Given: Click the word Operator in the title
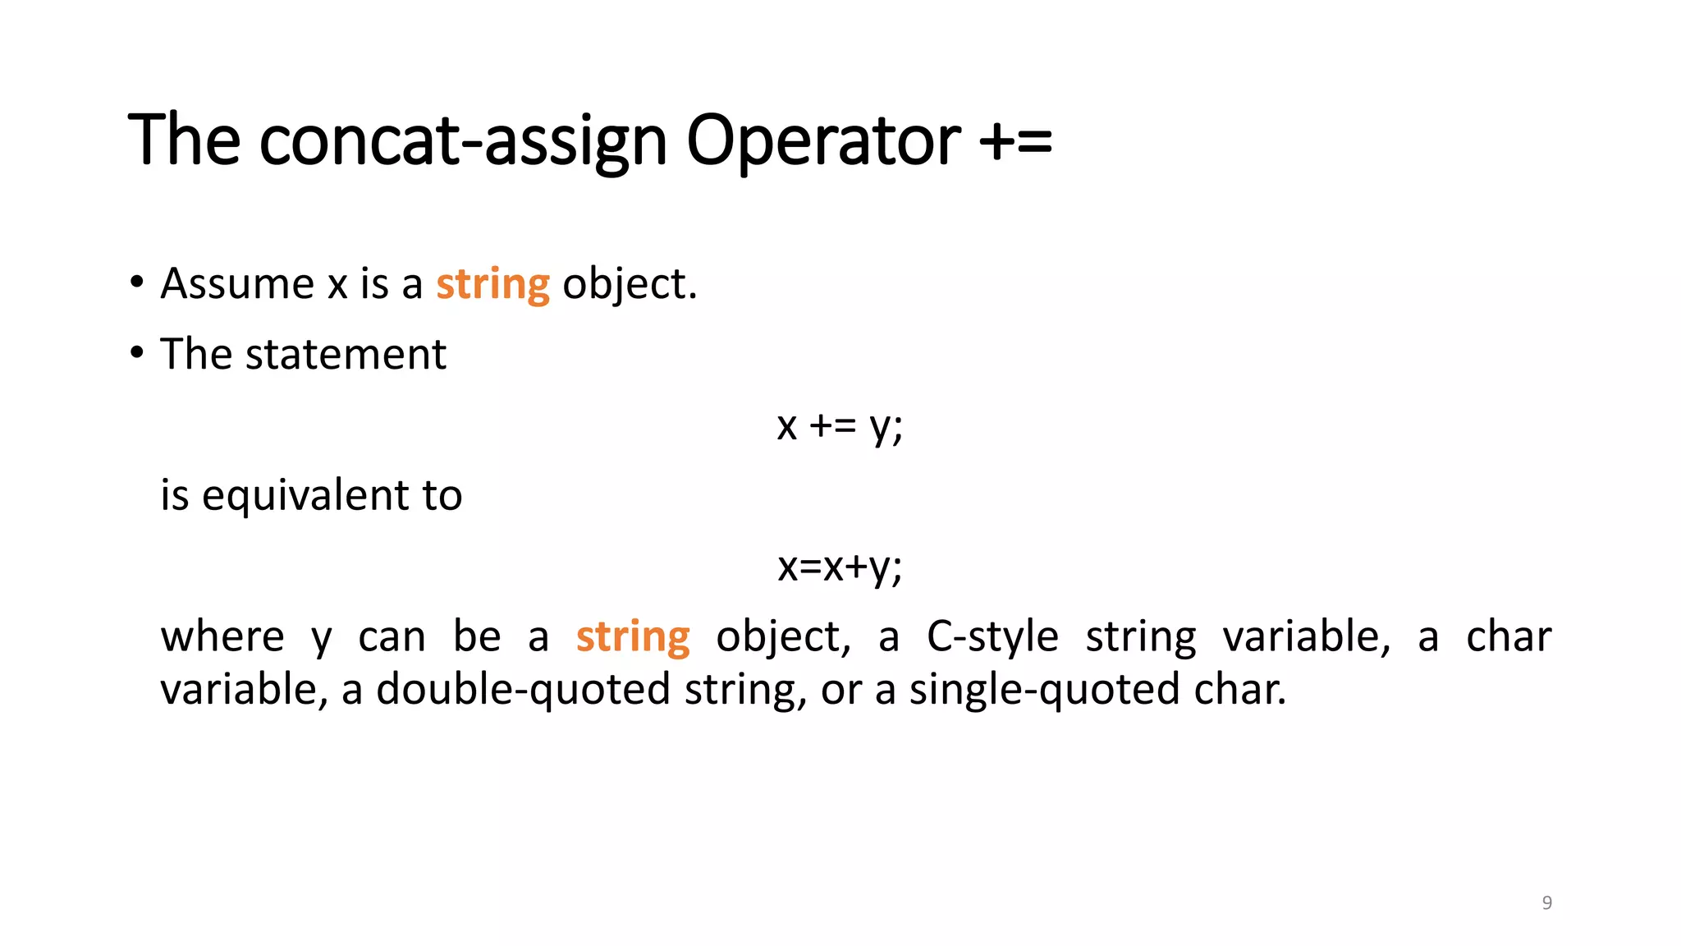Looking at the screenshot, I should [822, 141].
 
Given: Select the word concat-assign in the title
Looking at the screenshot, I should [463, 141].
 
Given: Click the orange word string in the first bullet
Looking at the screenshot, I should [492, 284].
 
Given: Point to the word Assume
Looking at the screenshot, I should [237, 284].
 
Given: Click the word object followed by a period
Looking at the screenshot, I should [629, 284].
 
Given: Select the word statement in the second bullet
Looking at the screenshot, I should [346, 355].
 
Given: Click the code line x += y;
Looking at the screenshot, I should [840, 425].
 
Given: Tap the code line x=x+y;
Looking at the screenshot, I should [840, 567].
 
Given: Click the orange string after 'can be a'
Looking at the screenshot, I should [633, 637].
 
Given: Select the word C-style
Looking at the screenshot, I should [992, 637].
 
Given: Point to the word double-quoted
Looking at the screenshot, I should [523, 690].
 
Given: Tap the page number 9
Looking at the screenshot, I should [1546, 902].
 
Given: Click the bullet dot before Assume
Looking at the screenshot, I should [137, 283].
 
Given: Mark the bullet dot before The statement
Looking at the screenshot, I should [137, 354].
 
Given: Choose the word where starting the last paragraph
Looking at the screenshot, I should [222, 637].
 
